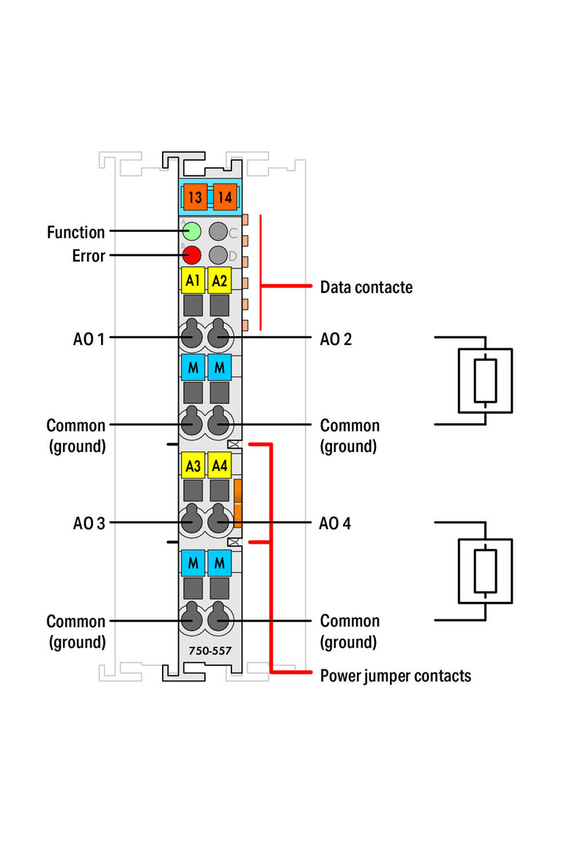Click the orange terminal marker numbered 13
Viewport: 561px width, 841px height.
coord(194,198)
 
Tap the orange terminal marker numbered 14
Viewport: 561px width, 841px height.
coord(224,198)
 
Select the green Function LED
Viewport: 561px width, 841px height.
coord(191,231)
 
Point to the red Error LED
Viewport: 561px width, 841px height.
coord(191,255)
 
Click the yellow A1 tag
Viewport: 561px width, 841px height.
coord(192,281)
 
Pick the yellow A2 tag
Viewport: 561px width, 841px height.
coord(219,281)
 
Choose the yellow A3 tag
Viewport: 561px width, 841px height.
coord(192,464)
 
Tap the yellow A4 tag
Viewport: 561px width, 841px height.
coord(219,464)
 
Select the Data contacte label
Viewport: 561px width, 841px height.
coord(366,287)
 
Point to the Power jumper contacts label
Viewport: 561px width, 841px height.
coord(396,676)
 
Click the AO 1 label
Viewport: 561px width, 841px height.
coord(89,339)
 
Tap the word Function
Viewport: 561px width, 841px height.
coord(76,231)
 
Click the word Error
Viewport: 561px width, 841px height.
coord(88,256)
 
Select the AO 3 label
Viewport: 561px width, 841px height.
coord(89,523)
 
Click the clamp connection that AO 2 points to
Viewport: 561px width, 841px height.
coord(219,338)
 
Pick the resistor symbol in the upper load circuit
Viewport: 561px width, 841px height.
coord(485,381)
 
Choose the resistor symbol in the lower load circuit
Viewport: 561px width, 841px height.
coord(485,570)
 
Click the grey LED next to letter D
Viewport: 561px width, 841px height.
coord(219,255)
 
